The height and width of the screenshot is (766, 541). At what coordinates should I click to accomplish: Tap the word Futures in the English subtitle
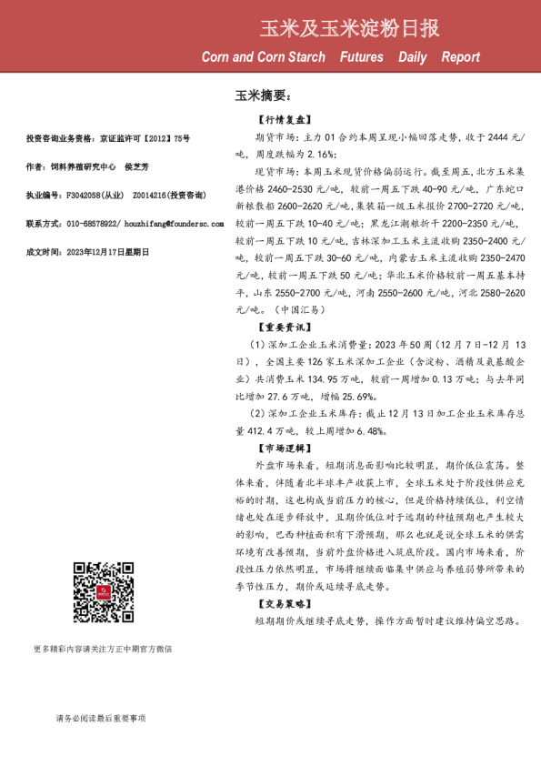click(361, 57)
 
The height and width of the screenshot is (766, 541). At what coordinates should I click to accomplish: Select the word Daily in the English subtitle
click(412, 57)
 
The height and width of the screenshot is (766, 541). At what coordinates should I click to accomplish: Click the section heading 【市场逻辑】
click(284, 448)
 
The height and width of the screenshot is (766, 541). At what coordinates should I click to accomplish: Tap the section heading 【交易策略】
click(284, 604)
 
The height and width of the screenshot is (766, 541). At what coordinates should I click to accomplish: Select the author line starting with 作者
click(87, 167)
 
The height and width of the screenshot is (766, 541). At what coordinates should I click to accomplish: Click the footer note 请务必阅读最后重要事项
click(100, 719)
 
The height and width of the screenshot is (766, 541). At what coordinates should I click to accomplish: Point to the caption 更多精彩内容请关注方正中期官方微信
click(103, 649)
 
